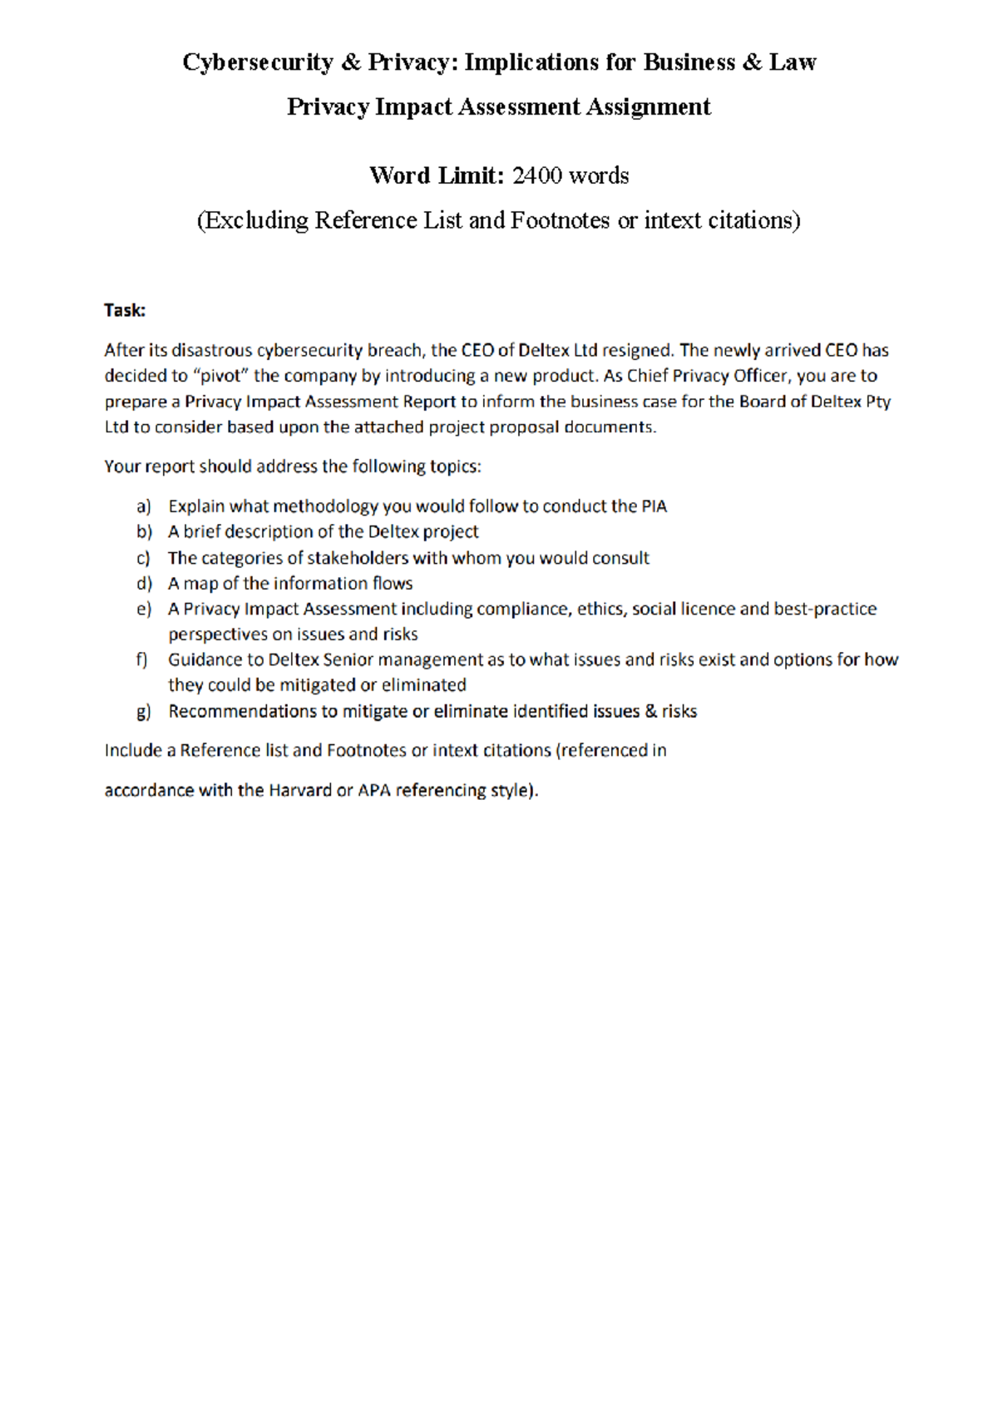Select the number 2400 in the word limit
(537, 175)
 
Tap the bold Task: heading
(125, 310)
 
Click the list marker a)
(144, 506)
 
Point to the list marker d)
(144, 584)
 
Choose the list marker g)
(144, 712)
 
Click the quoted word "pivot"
(220, 376)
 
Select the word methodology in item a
(325, 506)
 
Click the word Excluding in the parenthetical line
(255, 220)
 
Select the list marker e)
(144, 610)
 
